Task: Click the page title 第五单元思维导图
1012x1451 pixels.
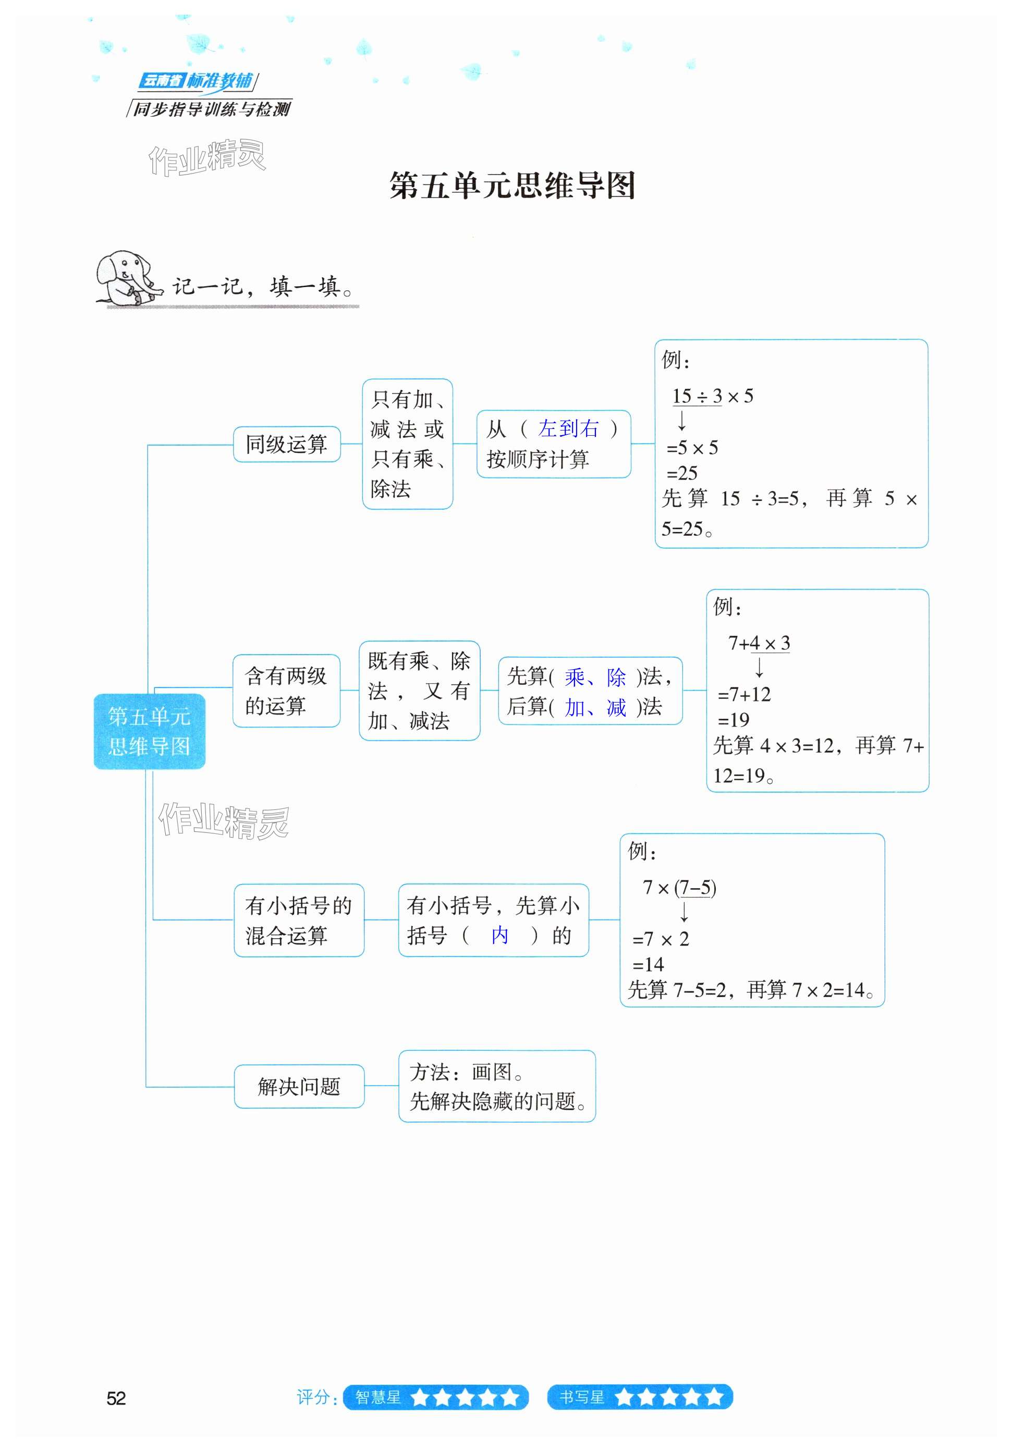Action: coord(511,186)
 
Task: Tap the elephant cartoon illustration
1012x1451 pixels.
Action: coord(125,279)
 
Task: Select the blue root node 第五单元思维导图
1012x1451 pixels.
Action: coord(149,731)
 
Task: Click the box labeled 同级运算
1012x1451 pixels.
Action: coord(286,444)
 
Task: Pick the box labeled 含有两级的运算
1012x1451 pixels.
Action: coord(286,691)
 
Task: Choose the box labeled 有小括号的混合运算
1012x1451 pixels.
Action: coord(298,920)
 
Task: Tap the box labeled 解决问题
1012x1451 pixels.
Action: coord(299,1086)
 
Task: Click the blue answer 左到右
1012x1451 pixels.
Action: coord(568,429)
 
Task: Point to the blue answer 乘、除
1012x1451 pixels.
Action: coord(595,678)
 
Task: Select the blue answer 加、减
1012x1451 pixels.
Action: coord(595,707)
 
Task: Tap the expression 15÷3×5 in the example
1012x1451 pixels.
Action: coord(712,396)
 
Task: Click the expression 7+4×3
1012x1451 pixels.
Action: coord(759,643)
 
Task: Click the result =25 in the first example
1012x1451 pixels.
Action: coord(682,473)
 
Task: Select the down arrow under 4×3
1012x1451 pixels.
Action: coord(759,667)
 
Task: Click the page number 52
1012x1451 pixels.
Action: coord(116,1398)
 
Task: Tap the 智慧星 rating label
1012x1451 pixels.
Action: coord(378,1397)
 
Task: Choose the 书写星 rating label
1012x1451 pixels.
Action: coord(581,1397)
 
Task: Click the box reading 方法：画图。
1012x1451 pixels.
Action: coord(497,1086)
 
